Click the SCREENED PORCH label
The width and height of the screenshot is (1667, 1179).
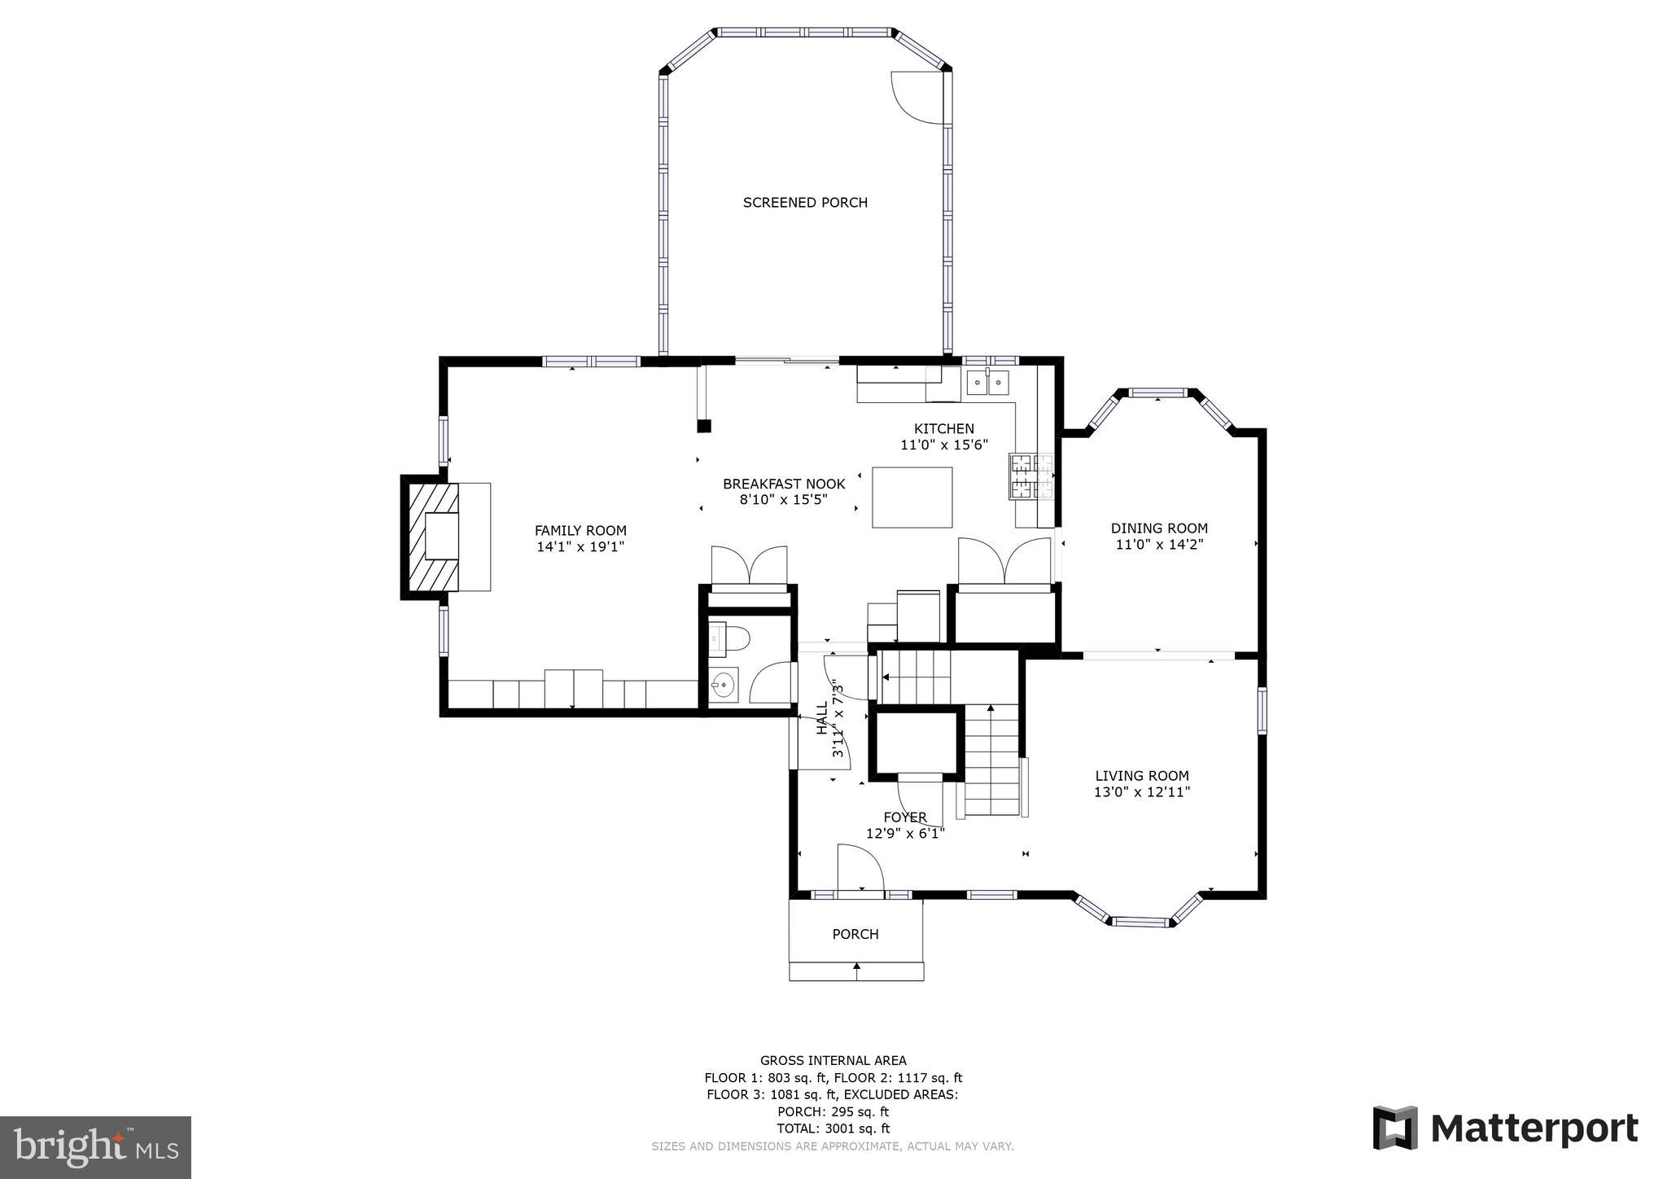point(805,203)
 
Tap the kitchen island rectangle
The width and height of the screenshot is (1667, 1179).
point(912,497)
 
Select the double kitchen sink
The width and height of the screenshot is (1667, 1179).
point(987,382)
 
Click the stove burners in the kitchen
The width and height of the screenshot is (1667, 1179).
point(1031,476)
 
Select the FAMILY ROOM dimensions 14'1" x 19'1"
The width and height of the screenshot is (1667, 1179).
point(580,547)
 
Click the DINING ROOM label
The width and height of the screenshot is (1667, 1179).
point(1159,528)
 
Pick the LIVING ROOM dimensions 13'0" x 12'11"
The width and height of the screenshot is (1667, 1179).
point(1142,791)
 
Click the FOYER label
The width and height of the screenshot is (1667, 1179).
point(905,817)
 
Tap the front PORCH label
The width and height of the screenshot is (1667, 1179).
point(855,934)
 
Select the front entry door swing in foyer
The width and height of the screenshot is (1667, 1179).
point(859,869)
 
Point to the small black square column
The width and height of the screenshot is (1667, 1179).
point(704,426)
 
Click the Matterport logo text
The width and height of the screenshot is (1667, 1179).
point(1534,1129)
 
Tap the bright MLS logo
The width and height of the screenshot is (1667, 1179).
point(95,1147)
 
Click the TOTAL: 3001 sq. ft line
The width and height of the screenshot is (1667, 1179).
point(833,1129)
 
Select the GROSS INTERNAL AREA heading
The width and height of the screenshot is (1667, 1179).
point(833,1060)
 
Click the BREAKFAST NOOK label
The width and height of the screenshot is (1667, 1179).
point(784,484)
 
